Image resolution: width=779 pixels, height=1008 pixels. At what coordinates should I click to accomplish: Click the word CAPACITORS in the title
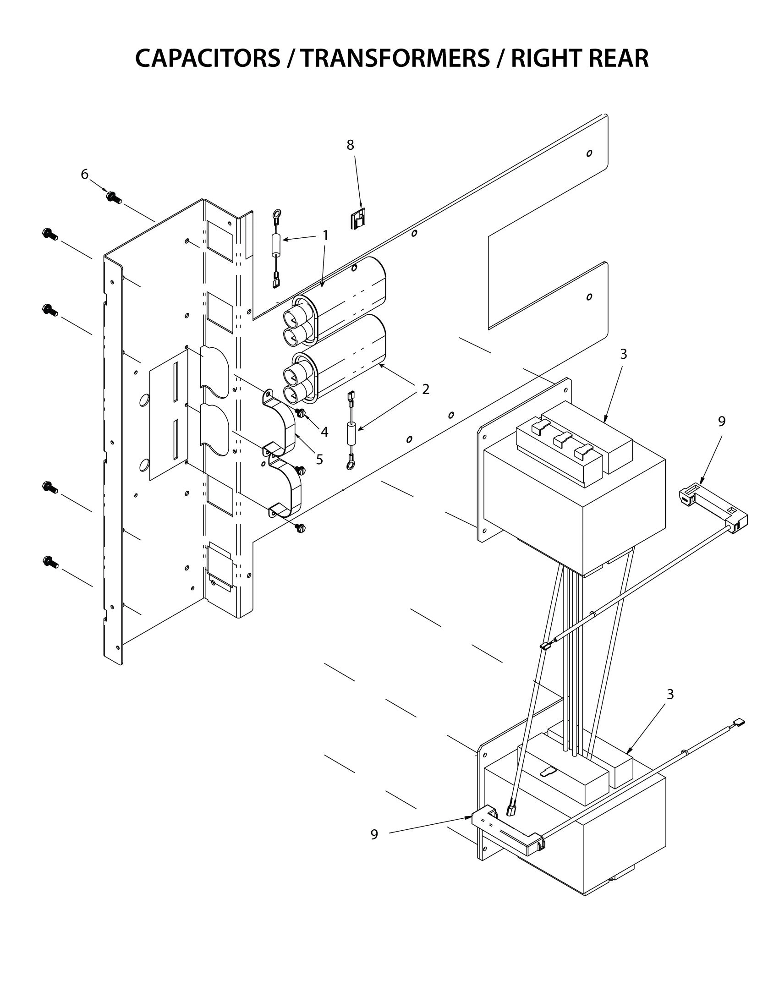pyautogui.click(x=207, y=59)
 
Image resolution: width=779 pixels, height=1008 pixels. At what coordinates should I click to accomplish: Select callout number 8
pyautogui.click(x=350, y=145)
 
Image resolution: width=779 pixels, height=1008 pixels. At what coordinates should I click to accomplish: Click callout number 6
pyautogui.click(x=84, y=174)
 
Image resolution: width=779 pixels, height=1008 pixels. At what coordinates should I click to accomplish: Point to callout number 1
pyautogui.click(x=325, y=236)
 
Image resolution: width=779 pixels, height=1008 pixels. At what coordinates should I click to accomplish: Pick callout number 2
pyautogui.click(x=426, y=389)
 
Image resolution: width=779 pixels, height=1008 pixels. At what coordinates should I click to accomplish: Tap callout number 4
pyautogui.click(x=324, y=432)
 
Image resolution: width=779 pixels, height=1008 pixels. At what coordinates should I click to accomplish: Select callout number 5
pyautogui.click(x=319, y=459)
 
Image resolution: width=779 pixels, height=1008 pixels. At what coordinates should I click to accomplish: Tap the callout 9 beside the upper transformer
pyautogui.click(x=722, y=421)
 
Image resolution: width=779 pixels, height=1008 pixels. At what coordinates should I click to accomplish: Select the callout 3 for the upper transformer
pyautogui.click(x=624, y=354)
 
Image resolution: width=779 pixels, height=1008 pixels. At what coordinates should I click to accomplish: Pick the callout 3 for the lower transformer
pyautogui.click(x=670, y=694)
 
